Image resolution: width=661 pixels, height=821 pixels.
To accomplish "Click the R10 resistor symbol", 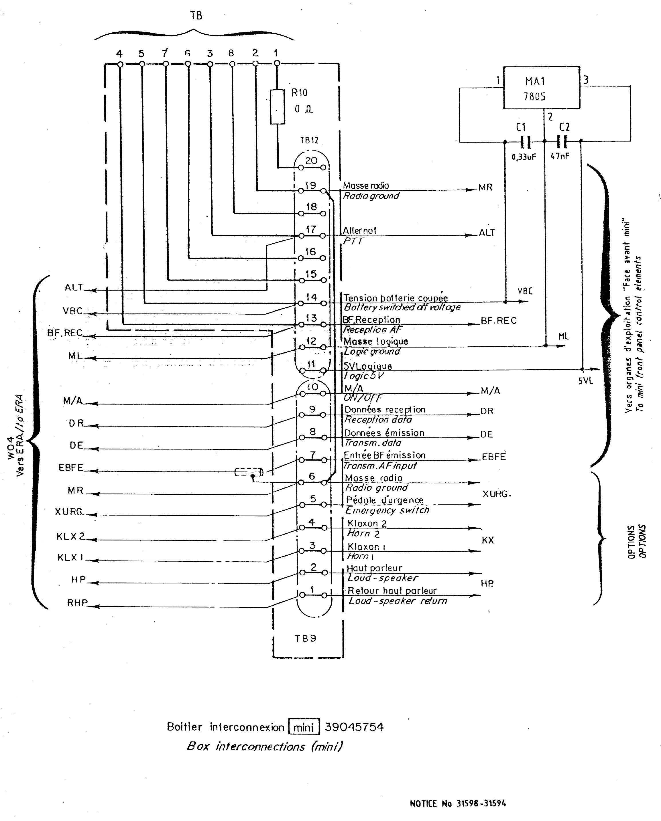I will (277, 107).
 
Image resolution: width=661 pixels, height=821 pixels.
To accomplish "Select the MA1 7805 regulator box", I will (541, 88).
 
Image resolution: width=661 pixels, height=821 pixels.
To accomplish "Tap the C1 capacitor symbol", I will (525, 142).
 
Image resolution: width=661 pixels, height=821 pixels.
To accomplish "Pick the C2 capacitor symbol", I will (562, 142).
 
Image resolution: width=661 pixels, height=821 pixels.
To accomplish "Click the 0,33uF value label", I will (524, 157).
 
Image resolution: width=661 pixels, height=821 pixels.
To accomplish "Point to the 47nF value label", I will (560, 156).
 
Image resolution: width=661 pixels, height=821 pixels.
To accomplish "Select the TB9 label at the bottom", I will (305, 639).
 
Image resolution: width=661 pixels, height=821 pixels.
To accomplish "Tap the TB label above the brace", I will (196, 16).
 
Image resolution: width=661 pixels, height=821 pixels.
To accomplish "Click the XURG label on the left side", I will (68, 512).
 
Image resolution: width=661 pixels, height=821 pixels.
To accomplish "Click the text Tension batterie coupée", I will (396, 298).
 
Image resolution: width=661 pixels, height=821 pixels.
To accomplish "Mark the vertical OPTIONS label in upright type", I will (631, 542).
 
